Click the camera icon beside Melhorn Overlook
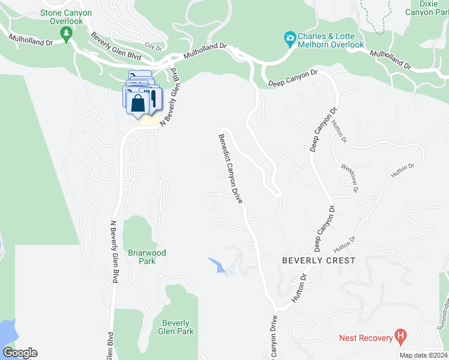coord(290,40)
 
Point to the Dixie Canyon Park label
coord(425,7)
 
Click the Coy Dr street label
coord(153,46)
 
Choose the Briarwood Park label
coord(146,257)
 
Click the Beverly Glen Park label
coord(176,327)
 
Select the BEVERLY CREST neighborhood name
coord(319,260)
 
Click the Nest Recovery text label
coord(366,338)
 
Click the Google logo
coord(20,353)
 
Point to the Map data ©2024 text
coord(423,355)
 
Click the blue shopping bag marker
coord(137,103)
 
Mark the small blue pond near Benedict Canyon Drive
coord(217,265)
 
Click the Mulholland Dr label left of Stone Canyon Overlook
coord(31,41)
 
